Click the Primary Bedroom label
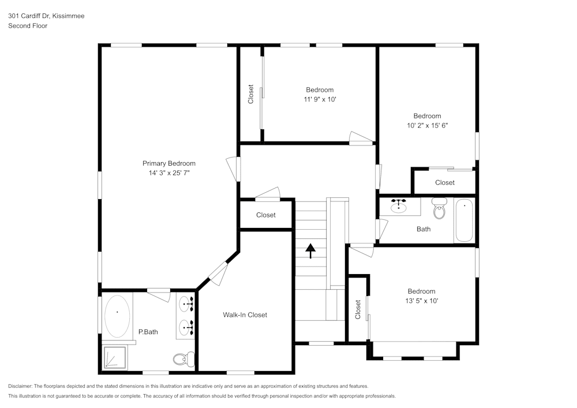pyautogui.click(x=169, y=163)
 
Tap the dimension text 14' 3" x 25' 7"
pyautogui.click(x=169, y=173)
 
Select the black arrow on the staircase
pyautogui.click(x=310, y=250)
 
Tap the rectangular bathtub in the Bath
pyautogui.click(x=464, y=220)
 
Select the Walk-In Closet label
pyautogui.click(x=245, y=315)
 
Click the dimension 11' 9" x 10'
pyautogui.click(x=320, y=99)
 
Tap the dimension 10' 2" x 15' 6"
pyautogui.click(x=427, y=125)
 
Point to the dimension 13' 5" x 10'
pyautogui.click(x=421, y=301)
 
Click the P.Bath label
pyautogui.click(x=148, y=332)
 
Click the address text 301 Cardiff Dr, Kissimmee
pyautogui.click(x=46, y=16)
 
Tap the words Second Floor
pyautogui.click(x=28, y=26)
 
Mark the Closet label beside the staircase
pyautogui.click(x=266, y=215)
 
